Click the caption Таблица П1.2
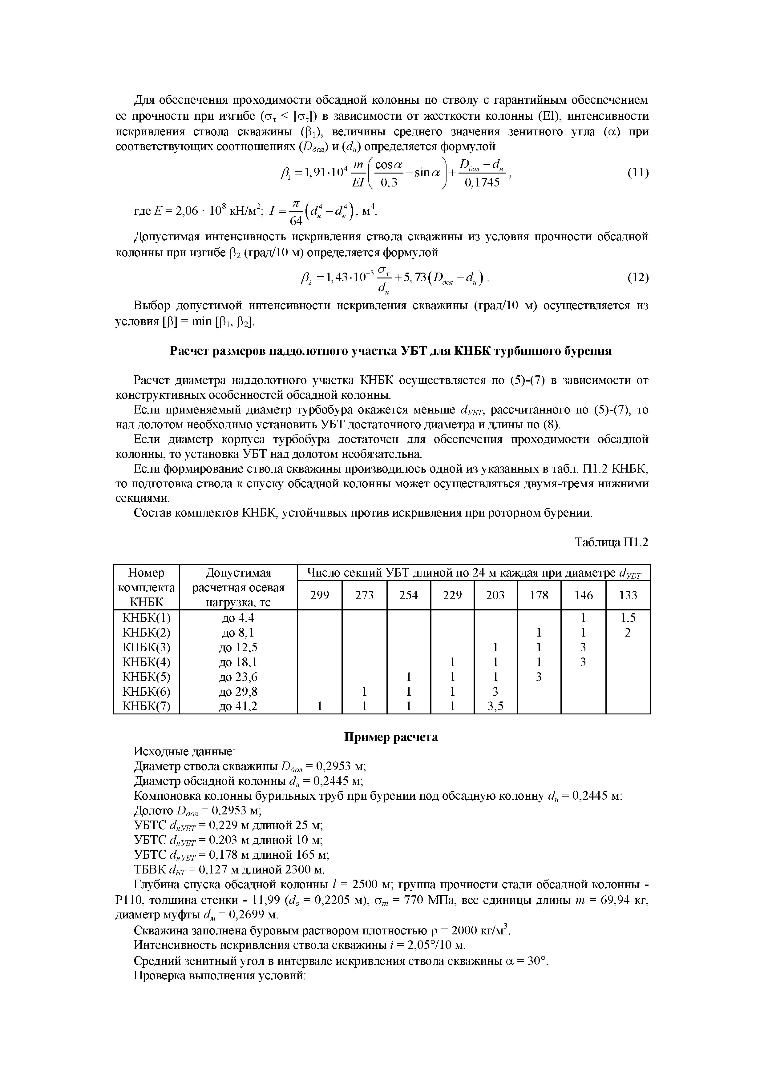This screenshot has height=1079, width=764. pyautogui.click(x=612, y=543)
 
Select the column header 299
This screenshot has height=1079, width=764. pyautogui.click(x=320, y=595)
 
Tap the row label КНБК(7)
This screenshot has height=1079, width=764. pyautogui.click(x=146, y=706)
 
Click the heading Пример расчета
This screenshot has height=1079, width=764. pyautogui.click(x=391, y=737)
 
